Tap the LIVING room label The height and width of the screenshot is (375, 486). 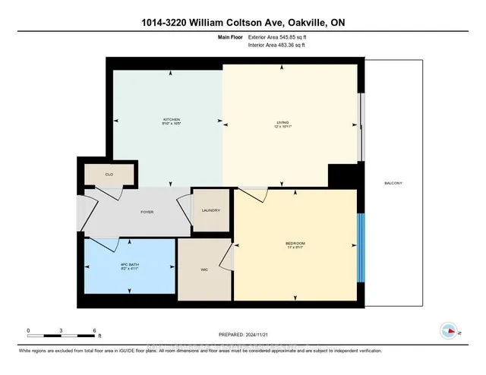click(x=282, y=120)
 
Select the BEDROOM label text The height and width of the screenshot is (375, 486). click(x=295, y=243)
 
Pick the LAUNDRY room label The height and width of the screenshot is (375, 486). click(x=211, y=211)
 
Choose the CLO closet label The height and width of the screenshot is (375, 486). click(x=109, y=175)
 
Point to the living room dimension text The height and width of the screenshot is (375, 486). click(x=282, y=125)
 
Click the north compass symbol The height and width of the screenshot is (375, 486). click(x=449, y=331)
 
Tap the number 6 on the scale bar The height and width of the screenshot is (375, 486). click(x=94, y=331)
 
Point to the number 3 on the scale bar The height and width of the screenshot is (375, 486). click(x=62, y=331)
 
